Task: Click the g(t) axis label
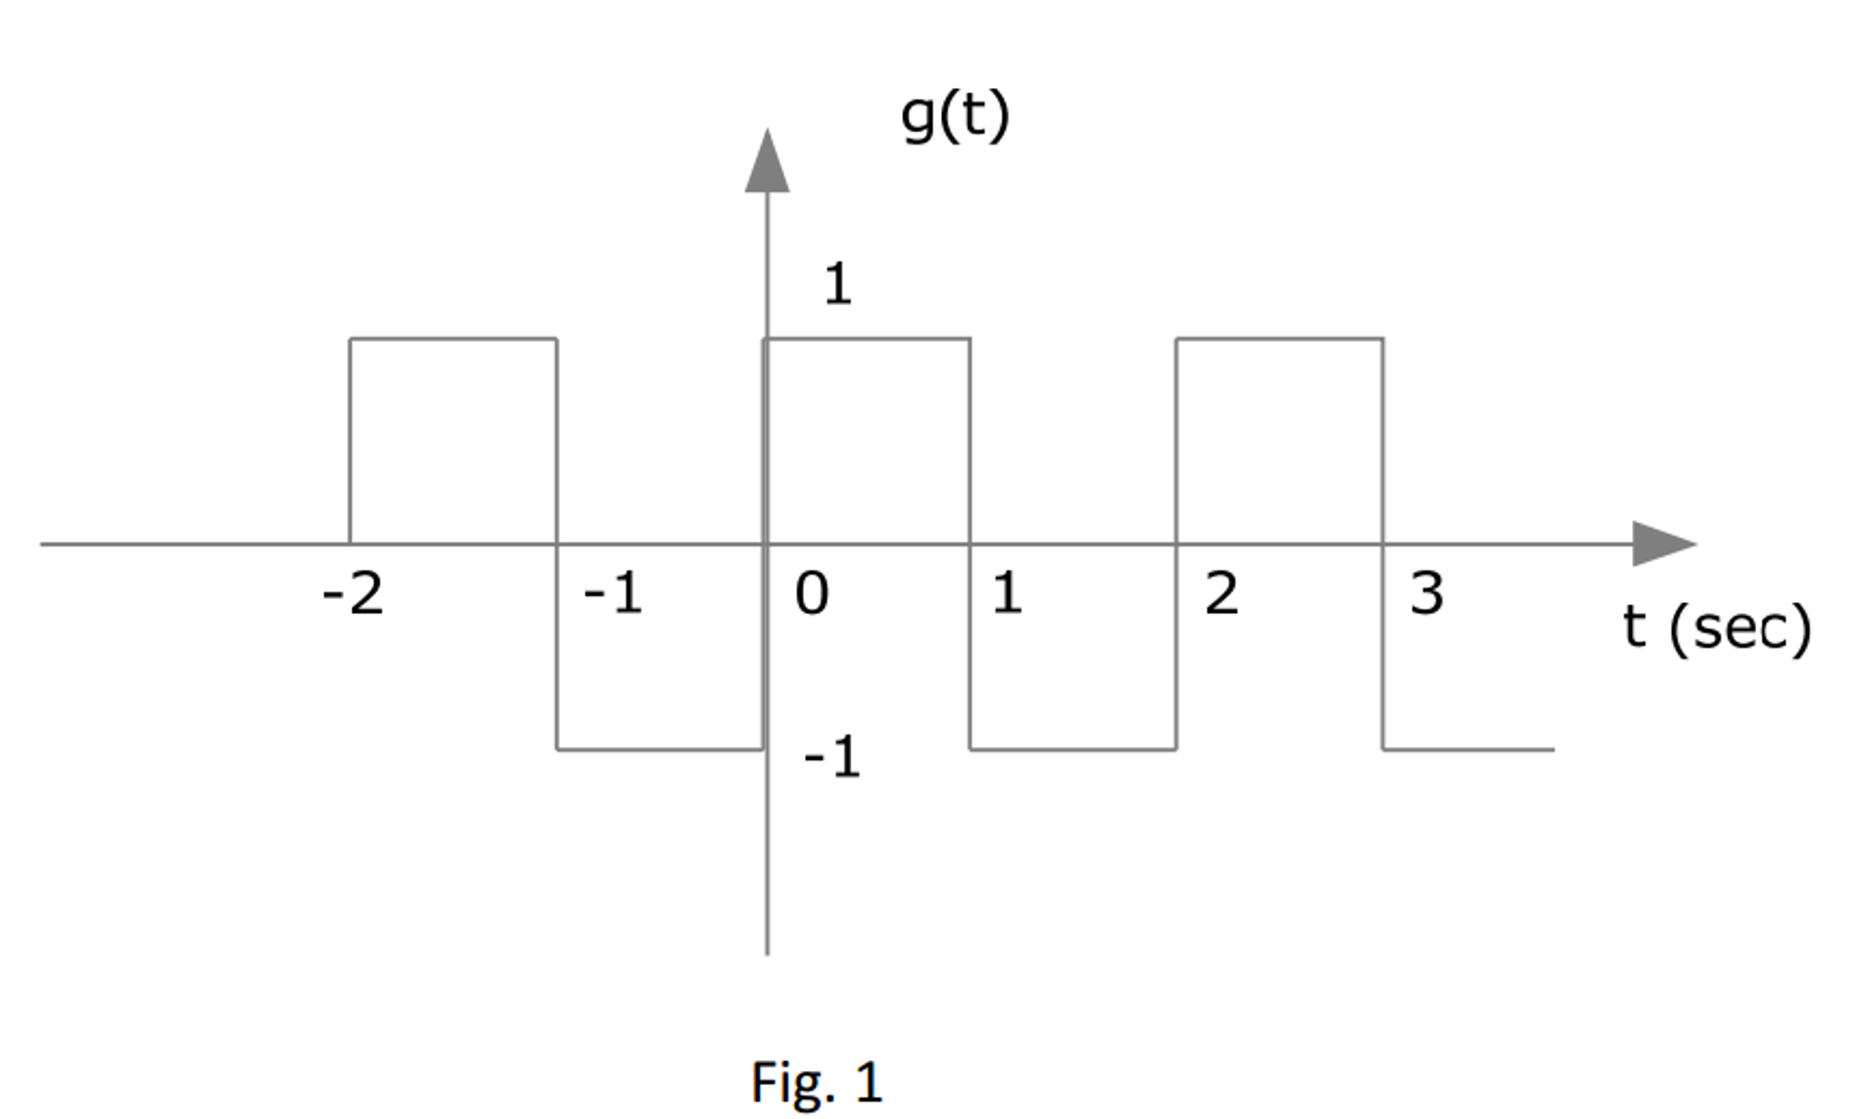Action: pyautogui.click(x=954, y=116)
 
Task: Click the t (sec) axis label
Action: pyautogui.click(x=1716, y=628)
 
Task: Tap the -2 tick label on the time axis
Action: pyautogui.click(x=353, y=595)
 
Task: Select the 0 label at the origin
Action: pyautogui.click(x=811, y=595)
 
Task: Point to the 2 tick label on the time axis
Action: pyautogui.click(x=1221, y=595)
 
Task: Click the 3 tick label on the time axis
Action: pyautogui.click(x=1426, y=595)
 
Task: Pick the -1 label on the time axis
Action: pyautogui.click(x=613, y=595)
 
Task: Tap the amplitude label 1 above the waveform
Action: pyautogui.click(x=838, y=284)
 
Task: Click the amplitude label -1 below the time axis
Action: pyautogui.click(x=832, y=757)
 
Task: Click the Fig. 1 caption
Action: pyautogui.click(x=816, y=1082)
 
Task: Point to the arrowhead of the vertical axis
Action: pyautogui.click(x=767, y=163)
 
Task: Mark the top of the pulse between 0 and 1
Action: pyautogui.click(x=868, y=339)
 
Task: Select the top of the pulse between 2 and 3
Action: pyautogui.click(x=1279, y=339)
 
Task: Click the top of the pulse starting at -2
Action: pyautogui.click(x=453, y=339)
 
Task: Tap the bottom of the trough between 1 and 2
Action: pyautogui.click(x=1073, y=750)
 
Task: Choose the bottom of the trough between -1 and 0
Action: pyautogui.click(x=660, y=750)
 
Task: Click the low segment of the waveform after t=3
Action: pyautogui.click(x=1469, y=750)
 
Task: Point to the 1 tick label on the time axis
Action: pyautogui.click(x=1006, y=595)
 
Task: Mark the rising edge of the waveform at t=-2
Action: pyautogui.click(x=351, y=442)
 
